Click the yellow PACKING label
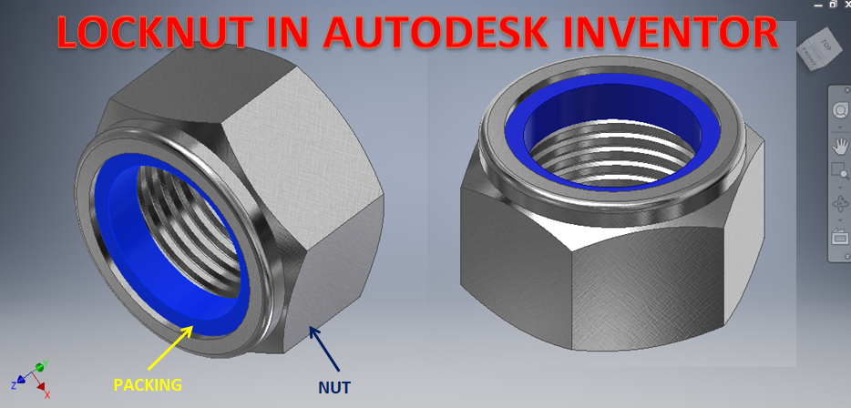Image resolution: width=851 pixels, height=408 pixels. [148, 384]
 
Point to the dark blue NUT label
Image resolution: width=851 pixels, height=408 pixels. [334, 387]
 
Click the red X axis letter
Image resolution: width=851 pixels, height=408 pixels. [46, 394]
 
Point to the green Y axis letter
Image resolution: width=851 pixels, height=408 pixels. [46, 366]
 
